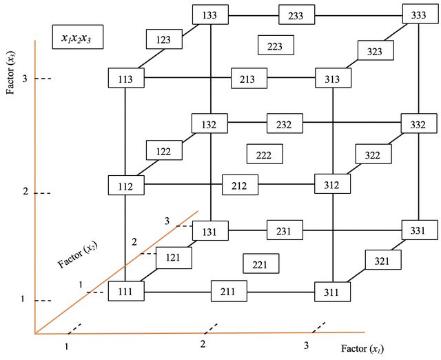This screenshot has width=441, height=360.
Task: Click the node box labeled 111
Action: click(x=126, y=291)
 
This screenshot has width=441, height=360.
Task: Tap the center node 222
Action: click(x=265, y=154)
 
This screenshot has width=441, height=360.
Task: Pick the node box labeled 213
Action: click(x=249, y=78)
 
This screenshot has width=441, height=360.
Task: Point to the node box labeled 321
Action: click(x=383, y=259)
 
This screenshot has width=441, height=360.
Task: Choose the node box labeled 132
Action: click(x=209, y=123)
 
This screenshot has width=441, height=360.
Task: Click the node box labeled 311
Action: click(x=332, y=292)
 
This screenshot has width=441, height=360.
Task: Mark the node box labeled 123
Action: click(x=164, y=39)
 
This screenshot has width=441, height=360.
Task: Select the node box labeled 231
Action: click(x=285, y=230)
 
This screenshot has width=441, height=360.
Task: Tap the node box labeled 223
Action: click(x=276, y=45)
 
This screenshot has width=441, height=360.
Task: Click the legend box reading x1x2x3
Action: click(x=78, y=37)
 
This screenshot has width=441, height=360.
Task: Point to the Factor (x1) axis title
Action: click(x=362, y=349)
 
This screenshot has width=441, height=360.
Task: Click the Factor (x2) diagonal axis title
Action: click(x=78, y=255)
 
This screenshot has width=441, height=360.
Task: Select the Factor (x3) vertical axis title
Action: click(x=11, y=72)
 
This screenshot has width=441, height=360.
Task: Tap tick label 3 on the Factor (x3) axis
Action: click(x=25, y=79)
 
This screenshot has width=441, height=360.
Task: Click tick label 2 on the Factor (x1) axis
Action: click(x=203, y=344)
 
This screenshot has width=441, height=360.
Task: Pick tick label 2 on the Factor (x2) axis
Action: click(x=134, y=241)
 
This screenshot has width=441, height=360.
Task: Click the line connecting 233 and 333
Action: click(x=358, y=15)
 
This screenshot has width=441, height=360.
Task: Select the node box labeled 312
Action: click(x=332, y=184)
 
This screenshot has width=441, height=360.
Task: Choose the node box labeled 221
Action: click(x=261, y=263)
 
